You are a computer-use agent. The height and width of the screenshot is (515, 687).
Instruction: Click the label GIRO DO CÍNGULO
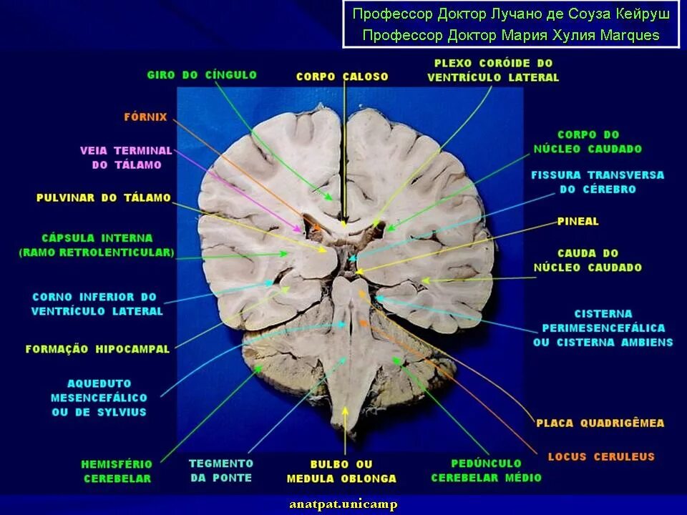click(202, 75)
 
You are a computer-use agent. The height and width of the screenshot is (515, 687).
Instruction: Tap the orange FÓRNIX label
click(145, 117)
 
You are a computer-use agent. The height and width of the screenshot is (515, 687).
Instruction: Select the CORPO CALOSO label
click(342, 77)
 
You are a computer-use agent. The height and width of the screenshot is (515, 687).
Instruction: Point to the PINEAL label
click(578, 222)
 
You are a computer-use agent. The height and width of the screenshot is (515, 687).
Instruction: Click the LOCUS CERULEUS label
click(601, 456)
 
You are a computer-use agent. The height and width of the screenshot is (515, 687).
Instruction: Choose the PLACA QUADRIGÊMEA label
click(600, 423)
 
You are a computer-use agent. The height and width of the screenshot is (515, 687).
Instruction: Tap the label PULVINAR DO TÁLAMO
click(104, 197)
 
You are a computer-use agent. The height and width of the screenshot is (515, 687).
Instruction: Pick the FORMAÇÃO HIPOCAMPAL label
click(97, 349)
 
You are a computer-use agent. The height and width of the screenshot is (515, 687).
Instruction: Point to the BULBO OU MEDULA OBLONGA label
click(341, 471)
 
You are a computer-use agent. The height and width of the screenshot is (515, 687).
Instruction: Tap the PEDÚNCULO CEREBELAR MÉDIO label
click(486, 470)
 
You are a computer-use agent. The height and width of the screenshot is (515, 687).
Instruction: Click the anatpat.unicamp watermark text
click(343, 504)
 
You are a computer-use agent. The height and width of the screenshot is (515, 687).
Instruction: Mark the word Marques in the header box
click(630, 35)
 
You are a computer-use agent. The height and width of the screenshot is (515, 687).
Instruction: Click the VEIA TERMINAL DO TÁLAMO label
click(126, 157)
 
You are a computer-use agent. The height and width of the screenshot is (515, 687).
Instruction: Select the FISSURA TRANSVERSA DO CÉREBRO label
click(597, 182)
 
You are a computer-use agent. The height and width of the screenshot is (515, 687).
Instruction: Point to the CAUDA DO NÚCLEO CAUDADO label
click(588, 260)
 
